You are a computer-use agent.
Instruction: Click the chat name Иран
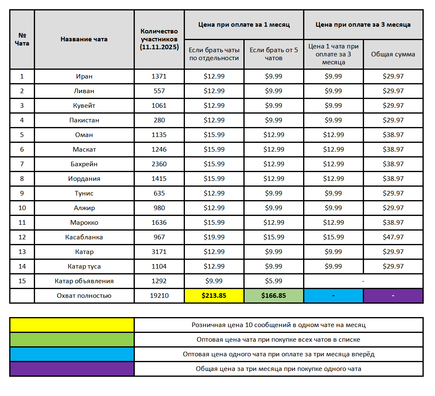pos(84,76)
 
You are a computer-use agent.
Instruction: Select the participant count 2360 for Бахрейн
pos(159,164)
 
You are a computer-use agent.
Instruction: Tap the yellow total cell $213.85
pos(214,296)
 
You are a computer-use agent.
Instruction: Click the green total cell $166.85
pos(273,296)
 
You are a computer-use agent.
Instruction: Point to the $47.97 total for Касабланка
pos(393,237)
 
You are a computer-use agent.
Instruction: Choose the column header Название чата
pos(84,39)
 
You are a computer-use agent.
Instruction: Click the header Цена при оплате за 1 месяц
pos(244,25)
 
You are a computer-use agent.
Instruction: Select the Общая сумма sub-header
pos(393,54)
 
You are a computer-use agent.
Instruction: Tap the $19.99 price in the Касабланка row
pos(214,237)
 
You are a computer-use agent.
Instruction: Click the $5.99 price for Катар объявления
pos(273,281)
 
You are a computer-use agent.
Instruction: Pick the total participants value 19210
pos(159,296)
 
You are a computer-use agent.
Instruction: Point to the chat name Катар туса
pos(84,267)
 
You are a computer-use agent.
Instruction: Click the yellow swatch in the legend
pos(72,325)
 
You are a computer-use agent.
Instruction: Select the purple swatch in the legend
pos(72,369)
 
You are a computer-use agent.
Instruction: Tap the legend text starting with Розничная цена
pos(278,325)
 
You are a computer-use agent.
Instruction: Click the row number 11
pos(22,223)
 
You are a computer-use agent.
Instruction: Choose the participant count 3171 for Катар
pos(159,252)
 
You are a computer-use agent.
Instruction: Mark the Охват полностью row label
pos(84,296)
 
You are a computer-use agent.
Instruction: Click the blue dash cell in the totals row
pos(333,296)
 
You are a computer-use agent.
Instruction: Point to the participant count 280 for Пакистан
pos(159,120)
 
